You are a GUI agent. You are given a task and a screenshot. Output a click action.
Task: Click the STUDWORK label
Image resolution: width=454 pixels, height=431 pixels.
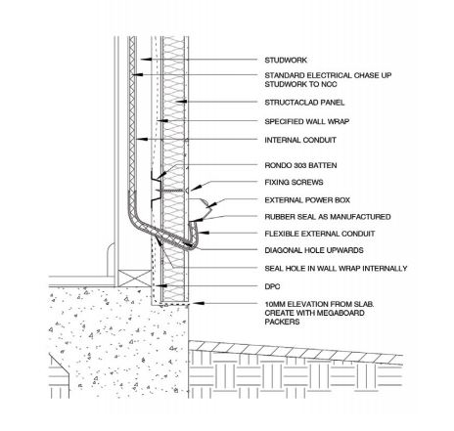(x=286, y=61)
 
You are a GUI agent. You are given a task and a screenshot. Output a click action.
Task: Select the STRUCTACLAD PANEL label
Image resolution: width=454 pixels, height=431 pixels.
(x=304, y=103)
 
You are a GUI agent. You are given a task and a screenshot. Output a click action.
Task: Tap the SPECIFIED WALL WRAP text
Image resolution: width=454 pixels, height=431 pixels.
(x=307, y=121)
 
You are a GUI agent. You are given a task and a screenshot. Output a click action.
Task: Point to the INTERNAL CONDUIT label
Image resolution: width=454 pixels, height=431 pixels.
(x=300, y=140)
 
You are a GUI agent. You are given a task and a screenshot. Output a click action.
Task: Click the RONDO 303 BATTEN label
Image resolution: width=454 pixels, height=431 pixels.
(x=300, y=165)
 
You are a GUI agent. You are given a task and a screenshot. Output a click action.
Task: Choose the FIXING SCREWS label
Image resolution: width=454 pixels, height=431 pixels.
(x=294, y=183)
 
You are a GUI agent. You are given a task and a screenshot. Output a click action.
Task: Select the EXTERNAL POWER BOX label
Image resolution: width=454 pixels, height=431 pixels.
(x=307, y=200)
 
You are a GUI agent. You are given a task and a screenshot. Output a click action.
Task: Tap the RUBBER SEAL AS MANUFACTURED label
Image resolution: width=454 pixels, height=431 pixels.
(x=328, y=217)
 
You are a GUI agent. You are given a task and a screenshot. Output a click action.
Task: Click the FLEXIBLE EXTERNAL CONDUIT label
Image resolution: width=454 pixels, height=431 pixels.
(x=320, y=234)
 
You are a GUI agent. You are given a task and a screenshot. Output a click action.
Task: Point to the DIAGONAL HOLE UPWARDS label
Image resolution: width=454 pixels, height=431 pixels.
(x=314, y=250)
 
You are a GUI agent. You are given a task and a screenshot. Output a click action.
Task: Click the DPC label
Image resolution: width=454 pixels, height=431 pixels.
(x=272, y=286)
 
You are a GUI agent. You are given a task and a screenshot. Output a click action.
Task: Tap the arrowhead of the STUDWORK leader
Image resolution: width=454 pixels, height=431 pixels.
(x=146, y=59)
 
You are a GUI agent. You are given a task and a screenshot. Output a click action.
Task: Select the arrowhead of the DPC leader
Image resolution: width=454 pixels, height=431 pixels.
(x=161, y=285)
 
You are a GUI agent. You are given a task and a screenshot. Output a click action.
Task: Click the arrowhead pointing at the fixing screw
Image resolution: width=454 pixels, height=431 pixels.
(x=195, y=189)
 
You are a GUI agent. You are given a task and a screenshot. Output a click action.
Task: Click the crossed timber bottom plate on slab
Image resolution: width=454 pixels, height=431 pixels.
(x=134, y=279)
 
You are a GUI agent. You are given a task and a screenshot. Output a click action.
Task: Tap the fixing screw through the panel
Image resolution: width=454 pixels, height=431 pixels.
(x=170, y=191)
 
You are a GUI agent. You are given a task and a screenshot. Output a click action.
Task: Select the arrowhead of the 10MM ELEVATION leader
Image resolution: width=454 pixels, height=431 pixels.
(x=199, y=303)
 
